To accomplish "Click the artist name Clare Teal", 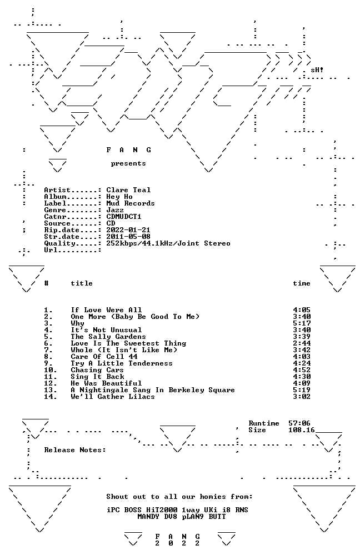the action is point(128,190).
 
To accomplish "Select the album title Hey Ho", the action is point(119,197).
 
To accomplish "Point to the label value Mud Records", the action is point(131,203).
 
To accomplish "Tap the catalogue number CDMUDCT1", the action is point(124,217).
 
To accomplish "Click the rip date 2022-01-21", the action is point(128,230).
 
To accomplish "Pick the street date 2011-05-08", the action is point(128,237).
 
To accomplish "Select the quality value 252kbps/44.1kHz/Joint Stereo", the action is point(168,243).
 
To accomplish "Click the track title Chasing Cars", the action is point(97,370).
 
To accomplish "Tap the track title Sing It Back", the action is point(98,377).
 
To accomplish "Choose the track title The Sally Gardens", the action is point(108,337).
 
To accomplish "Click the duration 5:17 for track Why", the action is point(302,323).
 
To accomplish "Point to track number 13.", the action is point(51,390).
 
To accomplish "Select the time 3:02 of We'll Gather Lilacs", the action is point(302,397).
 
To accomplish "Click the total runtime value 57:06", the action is point(299,423).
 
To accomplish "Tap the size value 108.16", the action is point(302,430).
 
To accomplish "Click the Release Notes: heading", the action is point(75,450).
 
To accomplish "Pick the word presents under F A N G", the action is point(128,163).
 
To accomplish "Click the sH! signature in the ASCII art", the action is point(317,70).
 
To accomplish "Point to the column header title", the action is point(82,283).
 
